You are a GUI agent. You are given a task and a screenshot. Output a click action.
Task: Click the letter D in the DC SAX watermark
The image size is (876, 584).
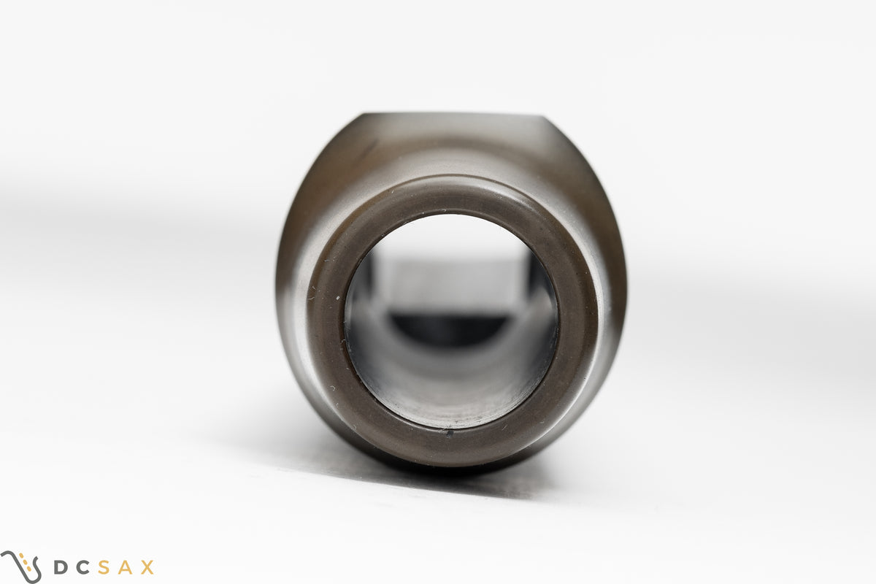(x=60, y=567)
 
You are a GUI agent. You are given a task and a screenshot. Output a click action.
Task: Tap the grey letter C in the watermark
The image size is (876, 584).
(x=82, y=567)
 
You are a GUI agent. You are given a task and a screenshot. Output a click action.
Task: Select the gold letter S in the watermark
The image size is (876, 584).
(x=104, y=567)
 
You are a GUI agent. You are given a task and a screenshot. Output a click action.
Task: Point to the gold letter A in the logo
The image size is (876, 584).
(x=126, y=567)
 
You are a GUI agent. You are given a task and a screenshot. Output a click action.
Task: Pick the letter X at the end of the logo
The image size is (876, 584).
(x=147, y=567)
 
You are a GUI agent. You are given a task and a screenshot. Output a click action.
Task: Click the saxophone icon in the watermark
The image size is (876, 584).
(x=21, y=567)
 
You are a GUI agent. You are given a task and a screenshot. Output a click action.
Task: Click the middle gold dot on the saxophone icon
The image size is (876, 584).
(x=26, y=562)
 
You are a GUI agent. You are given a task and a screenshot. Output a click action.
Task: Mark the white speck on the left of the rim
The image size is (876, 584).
(x=338, y=298)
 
